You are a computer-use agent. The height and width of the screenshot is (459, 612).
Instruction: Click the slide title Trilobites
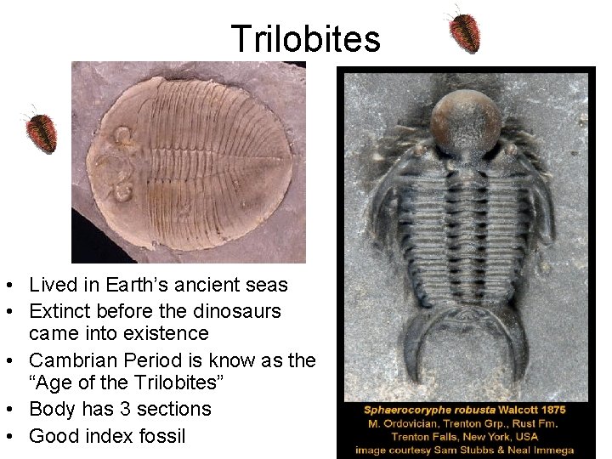305,38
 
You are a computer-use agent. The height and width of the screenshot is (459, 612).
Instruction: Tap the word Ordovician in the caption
410,423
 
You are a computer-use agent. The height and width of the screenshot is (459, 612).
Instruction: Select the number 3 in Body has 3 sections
136,409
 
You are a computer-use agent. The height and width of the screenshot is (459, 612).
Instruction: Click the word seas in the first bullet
266,285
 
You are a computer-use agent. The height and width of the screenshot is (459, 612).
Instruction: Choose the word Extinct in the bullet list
58,311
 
